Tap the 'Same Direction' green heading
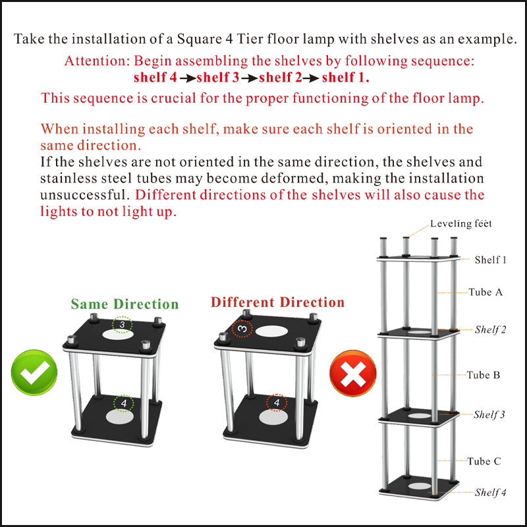[x=125, y=304]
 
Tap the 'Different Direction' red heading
[x=277, y=302]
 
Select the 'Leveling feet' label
[x=460, y=224]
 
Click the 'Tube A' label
[x=485, y=292]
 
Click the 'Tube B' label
[x=484, y=375]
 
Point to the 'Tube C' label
[x=484, y=461]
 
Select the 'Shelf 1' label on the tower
[x=490, y=260]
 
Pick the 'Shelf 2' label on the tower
[x=490, y=329]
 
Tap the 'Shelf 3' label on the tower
[x=489, y=414]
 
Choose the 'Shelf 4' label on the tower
[x=490, y=492]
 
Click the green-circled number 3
[x=122, y=324]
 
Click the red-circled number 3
[x=242, y=328]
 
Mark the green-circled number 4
[x=123, y=402]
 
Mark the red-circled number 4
[x=277, y=402]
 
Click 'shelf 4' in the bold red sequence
[x=155, y=78]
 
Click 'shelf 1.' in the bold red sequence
[x=345, y=78]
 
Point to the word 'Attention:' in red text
[x=97, y=61]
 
